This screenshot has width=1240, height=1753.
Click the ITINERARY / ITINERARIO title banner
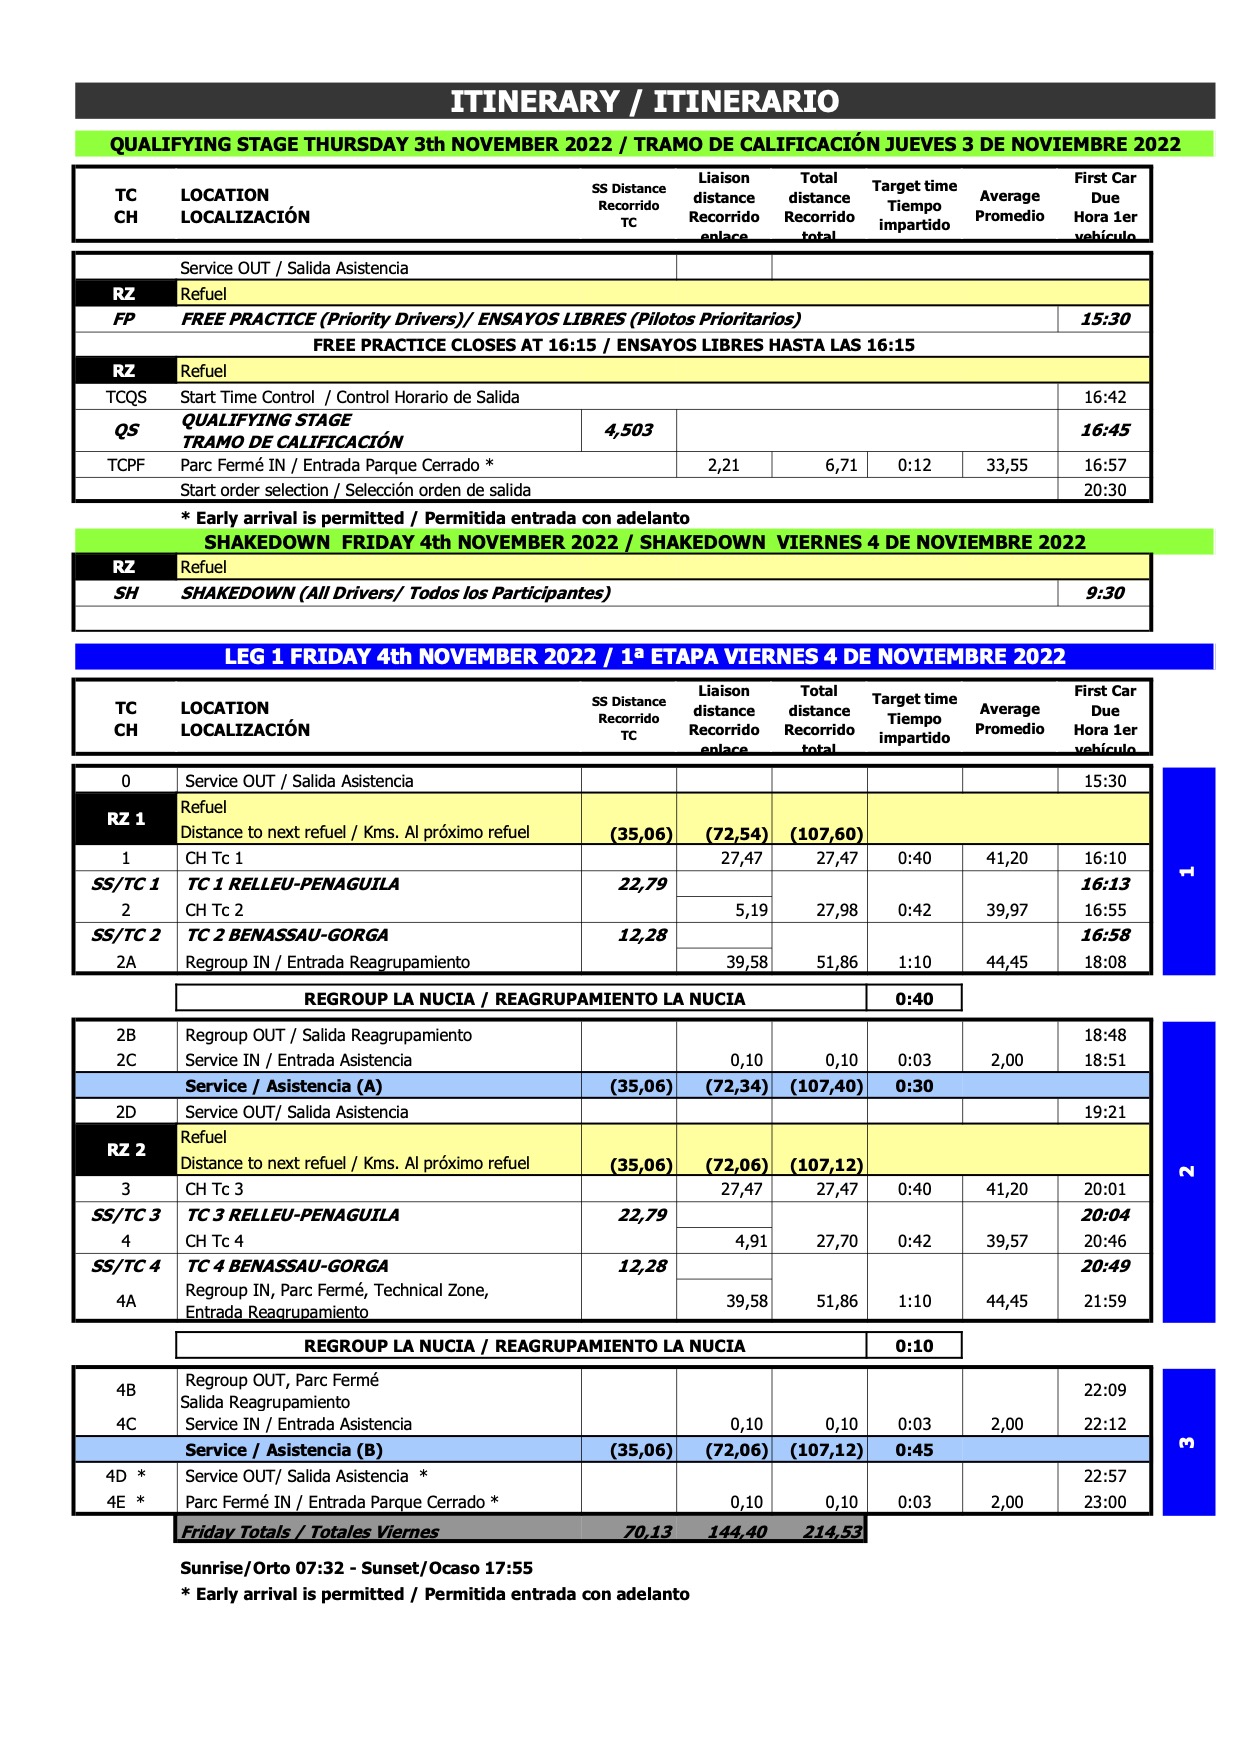pos(645,101)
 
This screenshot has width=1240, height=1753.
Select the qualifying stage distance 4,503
pos(628,430)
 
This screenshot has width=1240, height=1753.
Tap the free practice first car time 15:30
pos(1105,319)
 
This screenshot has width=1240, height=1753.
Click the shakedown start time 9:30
pos(1105,593)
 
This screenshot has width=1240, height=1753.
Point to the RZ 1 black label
pos(126,819)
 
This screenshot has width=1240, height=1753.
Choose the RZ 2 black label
pos(126,1150)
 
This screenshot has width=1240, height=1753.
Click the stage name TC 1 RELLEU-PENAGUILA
pos(293,884)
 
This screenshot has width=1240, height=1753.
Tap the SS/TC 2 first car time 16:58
pos(1105,935)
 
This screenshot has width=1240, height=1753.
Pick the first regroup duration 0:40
pos(914,999)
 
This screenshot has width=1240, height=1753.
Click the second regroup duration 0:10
pos(914,1346)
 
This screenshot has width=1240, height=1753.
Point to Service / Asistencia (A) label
pos(284,1086)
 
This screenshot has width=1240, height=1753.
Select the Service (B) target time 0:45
pos(914,1450)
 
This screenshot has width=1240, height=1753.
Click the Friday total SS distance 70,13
pos(647,1531)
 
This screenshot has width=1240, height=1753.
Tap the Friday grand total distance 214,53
pos(832,1531)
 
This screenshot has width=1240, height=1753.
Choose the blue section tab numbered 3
pos(1188,1442)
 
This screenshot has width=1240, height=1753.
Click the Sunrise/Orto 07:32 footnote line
pos(356,1568)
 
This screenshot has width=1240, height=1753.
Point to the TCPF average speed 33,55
pos(1007,465)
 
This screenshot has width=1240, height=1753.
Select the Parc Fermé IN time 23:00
pos(1105,1502)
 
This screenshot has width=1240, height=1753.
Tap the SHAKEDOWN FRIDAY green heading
pos(645,542)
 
